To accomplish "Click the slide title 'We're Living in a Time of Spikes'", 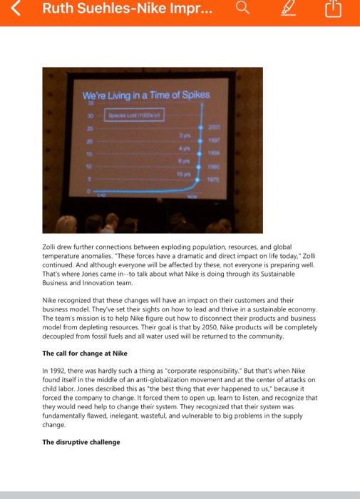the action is [146, 96].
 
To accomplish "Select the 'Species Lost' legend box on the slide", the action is [136, 115].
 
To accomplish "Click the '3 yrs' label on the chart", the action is [185, 134].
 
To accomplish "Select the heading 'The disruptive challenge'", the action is [81, 442].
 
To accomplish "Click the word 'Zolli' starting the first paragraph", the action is [50, 246].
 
